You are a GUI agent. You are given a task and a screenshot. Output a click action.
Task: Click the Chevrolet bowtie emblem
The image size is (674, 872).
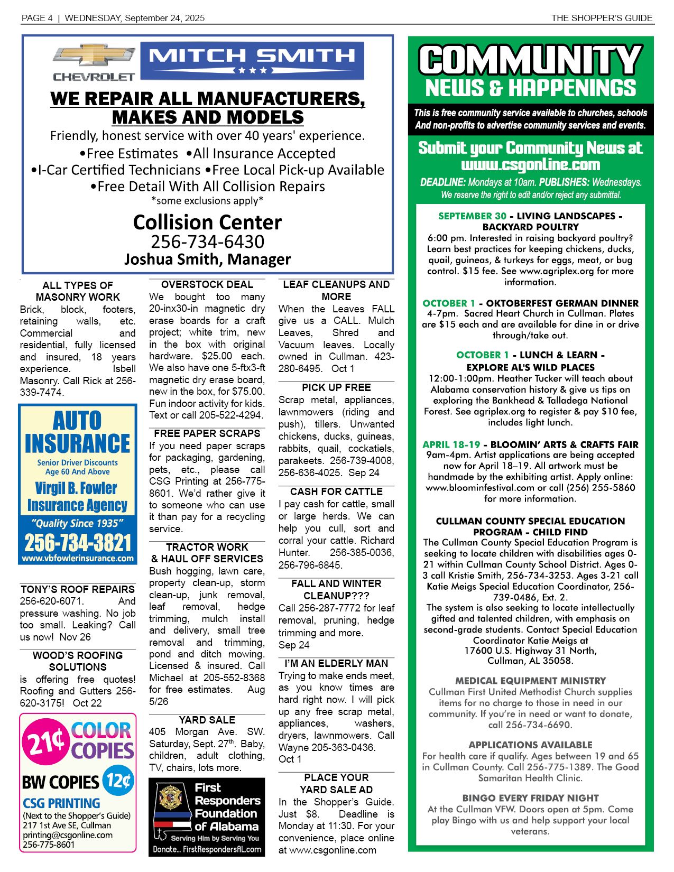[93, 55]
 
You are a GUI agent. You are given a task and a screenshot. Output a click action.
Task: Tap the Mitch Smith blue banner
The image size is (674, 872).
[252, 59]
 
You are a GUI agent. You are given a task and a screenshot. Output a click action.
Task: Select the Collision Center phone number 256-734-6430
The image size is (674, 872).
[207, 242]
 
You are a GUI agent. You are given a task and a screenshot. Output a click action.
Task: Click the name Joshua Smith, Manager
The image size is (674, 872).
[207, 259]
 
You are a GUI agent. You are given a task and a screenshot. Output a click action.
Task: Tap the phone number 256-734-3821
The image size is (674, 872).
[77, 542]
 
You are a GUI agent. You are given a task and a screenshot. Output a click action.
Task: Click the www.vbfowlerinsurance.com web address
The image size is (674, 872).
[77, 558]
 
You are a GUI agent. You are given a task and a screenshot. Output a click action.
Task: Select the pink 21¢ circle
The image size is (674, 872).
[45, 743]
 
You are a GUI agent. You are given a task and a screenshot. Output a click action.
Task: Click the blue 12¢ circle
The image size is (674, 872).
[118, 781]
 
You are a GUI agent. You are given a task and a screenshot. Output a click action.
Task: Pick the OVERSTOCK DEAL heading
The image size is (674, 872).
[207, 284]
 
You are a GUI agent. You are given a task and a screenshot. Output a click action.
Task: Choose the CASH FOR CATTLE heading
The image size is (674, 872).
[336, 491]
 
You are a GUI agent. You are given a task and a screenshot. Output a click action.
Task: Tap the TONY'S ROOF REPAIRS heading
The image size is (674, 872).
[78, 589]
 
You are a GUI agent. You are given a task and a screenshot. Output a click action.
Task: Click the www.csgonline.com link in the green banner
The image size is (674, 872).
[530, 164]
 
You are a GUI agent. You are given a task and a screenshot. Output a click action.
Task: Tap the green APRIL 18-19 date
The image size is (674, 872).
[451, 444]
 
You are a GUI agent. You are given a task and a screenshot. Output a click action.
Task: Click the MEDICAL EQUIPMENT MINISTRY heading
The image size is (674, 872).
[530, 681]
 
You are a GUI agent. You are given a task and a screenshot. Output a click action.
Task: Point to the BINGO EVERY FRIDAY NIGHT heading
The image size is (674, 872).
[530, 798]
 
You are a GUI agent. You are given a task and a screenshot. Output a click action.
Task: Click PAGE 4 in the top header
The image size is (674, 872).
[36, 18]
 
